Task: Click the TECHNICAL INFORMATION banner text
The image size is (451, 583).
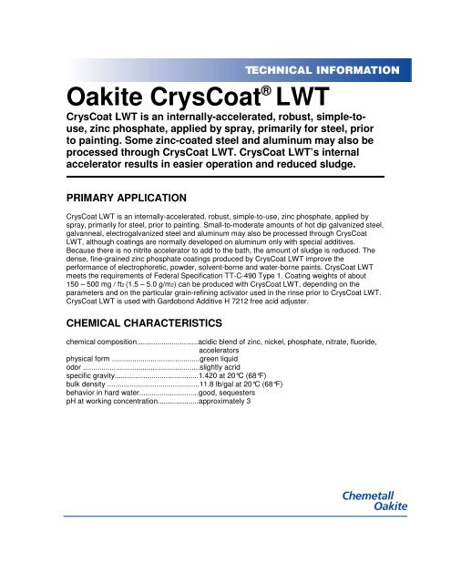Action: coord(321,69)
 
